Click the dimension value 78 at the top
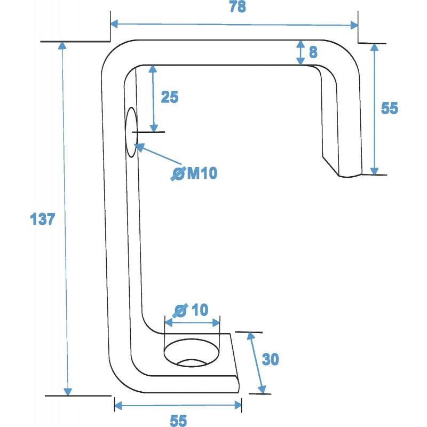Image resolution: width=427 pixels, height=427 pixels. click(x=238, y=8)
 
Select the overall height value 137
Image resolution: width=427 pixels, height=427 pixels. click(x=43, y=219)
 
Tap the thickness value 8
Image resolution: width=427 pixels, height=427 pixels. click(x=313, y=52)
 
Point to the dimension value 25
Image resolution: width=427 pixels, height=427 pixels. click(x=169, y=97)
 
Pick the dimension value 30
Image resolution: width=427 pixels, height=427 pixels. click(x=271, y=360)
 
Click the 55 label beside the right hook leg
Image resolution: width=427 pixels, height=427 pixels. click(x=390, y=108)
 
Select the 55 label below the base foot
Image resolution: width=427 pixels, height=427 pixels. click(x=178, y=421)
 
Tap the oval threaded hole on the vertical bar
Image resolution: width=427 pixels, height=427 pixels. click(x=131, y=132)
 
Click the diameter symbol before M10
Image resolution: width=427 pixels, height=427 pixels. click(x=178, y=173)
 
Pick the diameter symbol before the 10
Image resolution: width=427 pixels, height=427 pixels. click(x=181, y=310)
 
